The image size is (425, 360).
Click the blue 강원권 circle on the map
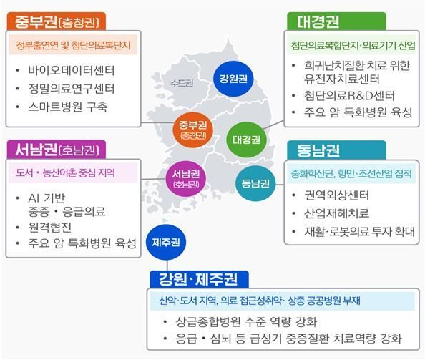[x=233, y=79]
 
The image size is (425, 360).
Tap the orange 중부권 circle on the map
[x=193, y=130]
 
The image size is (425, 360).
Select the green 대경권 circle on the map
[x=246, y=140]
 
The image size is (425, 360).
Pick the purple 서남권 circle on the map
[x=186, y=179]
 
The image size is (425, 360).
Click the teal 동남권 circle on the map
[x=255, y=183]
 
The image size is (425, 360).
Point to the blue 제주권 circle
[x=166, y=242]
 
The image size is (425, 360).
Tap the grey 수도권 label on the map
[x=182, y=83]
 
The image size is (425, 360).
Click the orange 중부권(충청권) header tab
[x=57, y=21]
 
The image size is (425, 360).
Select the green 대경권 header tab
[x=336, y=21]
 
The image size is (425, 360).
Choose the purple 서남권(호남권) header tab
[x=57, y=150]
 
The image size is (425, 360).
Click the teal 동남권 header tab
[x=336, y=150]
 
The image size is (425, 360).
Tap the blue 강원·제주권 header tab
[x=199, y=280]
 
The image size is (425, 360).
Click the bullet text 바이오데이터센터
[x=72, y=70]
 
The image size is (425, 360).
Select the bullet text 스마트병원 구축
[x=68, y=107]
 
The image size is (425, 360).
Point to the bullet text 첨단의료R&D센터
[x=349, y=96]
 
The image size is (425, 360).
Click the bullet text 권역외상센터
[x=337, y=195]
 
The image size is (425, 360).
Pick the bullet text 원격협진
[x=50, y=228]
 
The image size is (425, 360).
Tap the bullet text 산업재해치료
[x=337, y=213]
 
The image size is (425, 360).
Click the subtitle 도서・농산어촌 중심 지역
[x=65, y=172]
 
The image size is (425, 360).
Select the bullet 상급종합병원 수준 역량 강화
[x=246, y=322]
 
